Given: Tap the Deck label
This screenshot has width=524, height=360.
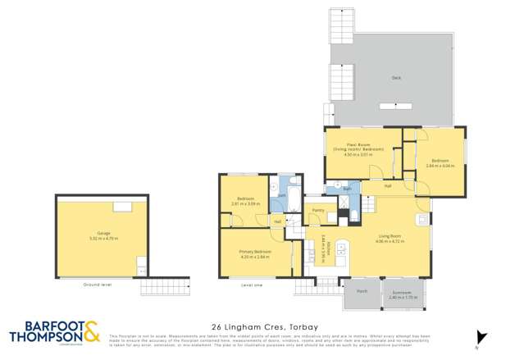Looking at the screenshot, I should coord(396,79).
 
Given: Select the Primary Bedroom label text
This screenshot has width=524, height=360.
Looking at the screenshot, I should coord(256,251).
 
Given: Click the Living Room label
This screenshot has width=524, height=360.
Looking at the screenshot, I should coord(388,237).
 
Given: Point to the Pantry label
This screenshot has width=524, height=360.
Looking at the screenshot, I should coord(319,211).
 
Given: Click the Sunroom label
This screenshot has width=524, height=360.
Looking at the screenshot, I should coord(402,292).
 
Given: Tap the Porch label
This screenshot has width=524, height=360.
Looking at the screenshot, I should coord(361,290).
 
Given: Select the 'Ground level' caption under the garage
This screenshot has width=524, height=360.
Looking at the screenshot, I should coord(97,284).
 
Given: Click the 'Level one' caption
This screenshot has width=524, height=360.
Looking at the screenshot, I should coord(252,285).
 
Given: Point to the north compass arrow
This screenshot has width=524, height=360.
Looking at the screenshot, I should coord(482,338).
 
